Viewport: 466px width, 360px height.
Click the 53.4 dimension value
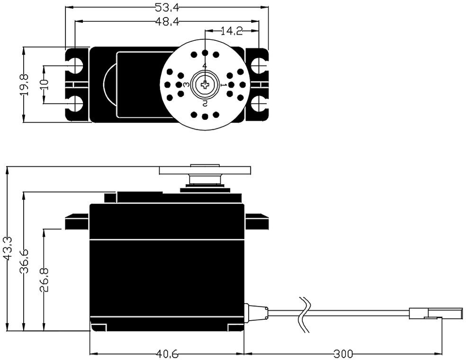[x=164, y=7]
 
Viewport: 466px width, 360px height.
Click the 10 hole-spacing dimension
[x=44, y=85]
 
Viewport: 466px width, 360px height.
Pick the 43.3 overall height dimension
[x=7, y=247]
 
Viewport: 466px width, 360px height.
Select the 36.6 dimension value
[x=25, y=261]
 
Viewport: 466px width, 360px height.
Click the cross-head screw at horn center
[x=205, y=85]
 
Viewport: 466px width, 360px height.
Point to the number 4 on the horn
[x=205, y=66]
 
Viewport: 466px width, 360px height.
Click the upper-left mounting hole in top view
[x=74, y=65]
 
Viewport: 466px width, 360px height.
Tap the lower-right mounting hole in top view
[x=259, y=104]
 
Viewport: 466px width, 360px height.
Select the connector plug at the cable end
[x=436, y=313]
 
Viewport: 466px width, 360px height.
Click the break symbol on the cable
[x=305, y=314]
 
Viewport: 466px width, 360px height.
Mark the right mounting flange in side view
[x=257, y=221]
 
